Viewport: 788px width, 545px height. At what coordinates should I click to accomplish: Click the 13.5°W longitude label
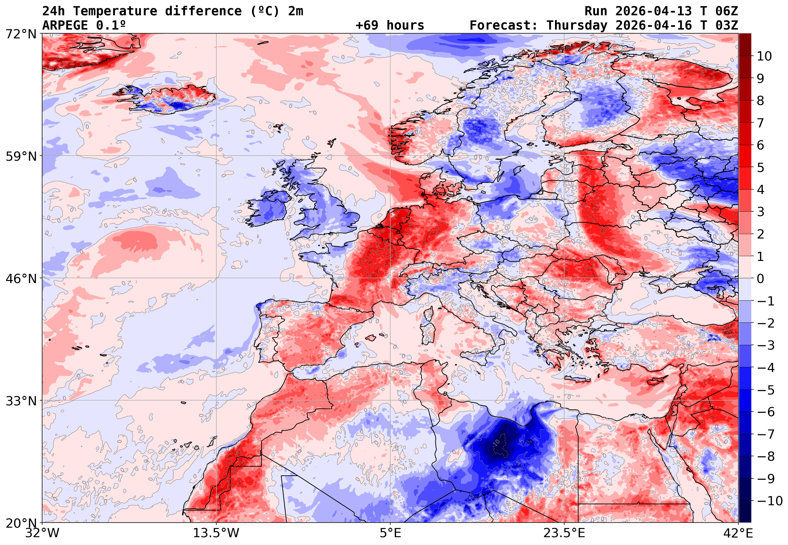point(216,533)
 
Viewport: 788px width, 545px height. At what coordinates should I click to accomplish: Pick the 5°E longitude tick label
point(390,533)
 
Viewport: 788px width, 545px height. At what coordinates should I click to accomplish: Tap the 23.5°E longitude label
point(564,533)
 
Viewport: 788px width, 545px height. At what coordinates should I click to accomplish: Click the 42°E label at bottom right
point(738,533)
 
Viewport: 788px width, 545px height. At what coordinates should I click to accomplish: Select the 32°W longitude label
point(42,533)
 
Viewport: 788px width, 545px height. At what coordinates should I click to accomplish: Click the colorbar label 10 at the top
point(764,56)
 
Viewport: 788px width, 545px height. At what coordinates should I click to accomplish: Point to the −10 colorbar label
point(770,501)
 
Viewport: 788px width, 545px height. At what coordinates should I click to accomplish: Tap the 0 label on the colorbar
point(760,279)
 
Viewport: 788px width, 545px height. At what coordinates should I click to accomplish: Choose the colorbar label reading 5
point(760,168)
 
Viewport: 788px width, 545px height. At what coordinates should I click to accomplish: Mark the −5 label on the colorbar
point(766,390)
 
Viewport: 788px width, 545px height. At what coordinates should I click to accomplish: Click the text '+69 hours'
point(390,25)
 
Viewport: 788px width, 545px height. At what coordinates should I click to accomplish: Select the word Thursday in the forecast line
point(577,25)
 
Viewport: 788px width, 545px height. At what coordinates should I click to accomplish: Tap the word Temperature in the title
point(115,11)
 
